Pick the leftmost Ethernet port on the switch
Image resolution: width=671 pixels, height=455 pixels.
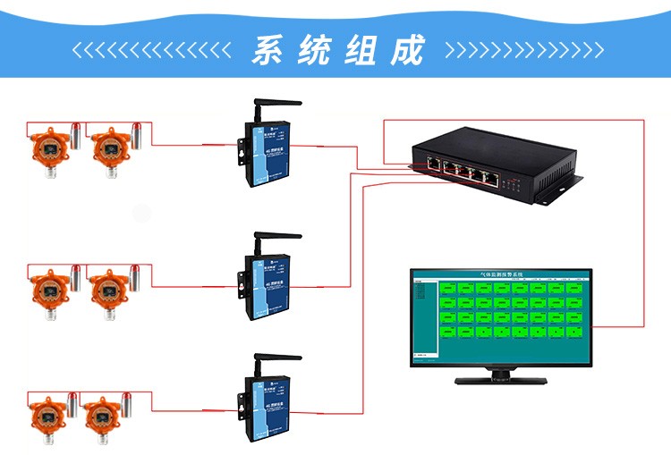point(432,166)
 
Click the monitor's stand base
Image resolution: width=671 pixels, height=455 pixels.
point(501,380)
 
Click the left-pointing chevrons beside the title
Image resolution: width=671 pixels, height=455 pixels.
point(152,50)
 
